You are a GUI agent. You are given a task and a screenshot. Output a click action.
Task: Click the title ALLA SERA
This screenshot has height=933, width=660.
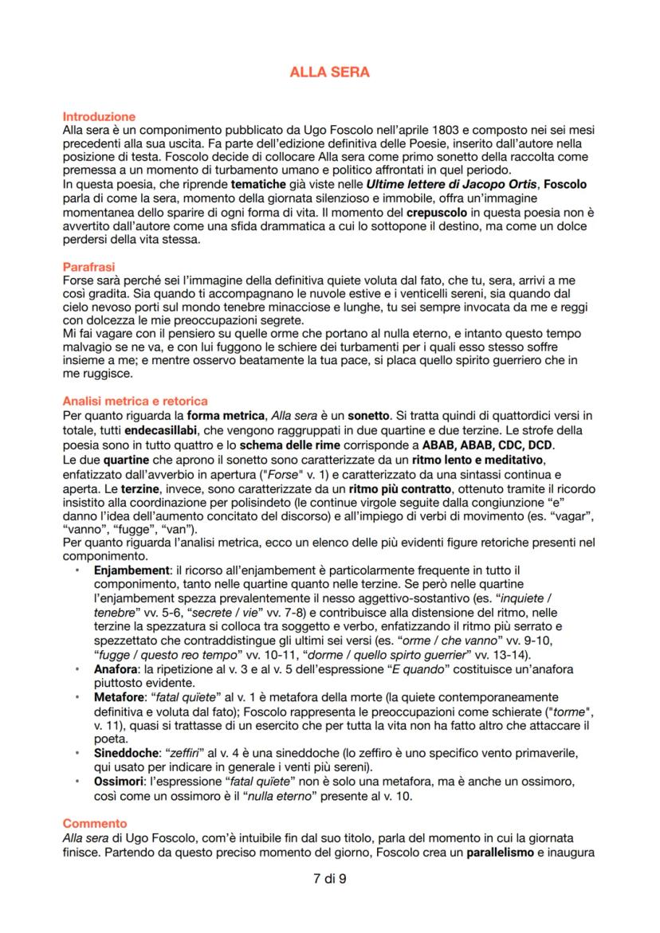[x=329, y=73]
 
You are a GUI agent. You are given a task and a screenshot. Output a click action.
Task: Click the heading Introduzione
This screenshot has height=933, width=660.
[x=99, y=116]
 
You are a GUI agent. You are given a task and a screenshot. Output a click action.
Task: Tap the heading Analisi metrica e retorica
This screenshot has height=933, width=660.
[x=135, y=402]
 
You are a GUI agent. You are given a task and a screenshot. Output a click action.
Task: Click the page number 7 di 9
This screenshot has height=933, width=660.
[x=329, y=879]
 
